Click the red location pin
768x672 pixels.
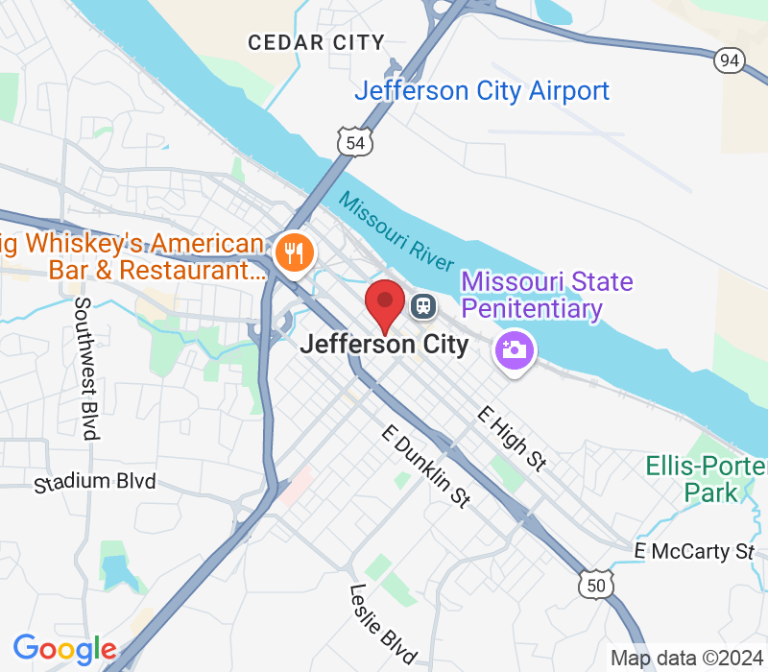click(x=385, y=303)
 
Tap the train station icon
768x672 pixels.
click(x=422, y=306)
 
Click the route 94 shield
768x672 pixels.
click(x=730, y=60)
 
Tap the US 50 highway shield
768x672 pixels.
click(x=595, y=583)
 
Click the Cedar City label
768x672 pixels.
click(x=316, y=42)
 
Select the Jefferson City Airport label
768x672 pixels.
click(x=482, y=91)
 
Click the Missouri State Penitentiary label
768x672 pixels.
click(x=546, y=296)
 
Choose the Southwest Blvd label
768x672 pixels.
click(x=85, y=368)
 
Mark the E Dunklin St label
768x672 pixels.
click(x=425, y=467)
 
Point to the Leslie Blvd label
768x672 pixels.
click(x=383, y=623)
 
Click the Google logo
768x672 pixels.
click(x=64, y=649)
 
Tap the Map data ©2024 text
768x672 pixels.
click(x=684, y=659)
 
